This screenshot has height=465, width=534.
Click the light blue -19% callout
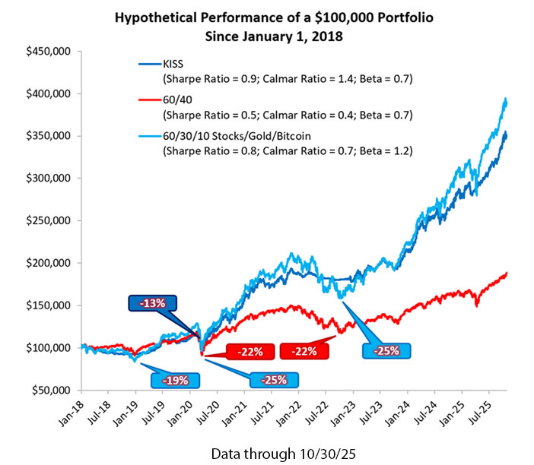click(x=175, y=378)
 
